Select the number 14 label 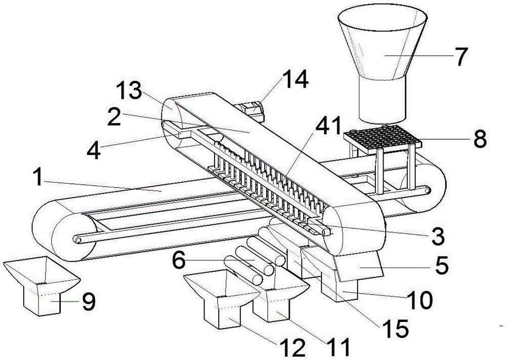[295, 80]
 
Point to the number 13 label [129, 90]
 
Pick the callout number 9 [87, 302]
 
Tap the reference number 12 [292, 347]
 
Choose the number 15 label [396, 329]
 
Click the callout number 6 [179, 260]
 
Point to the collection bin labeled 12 [222, 298]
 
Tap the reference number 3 [438, 236]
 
